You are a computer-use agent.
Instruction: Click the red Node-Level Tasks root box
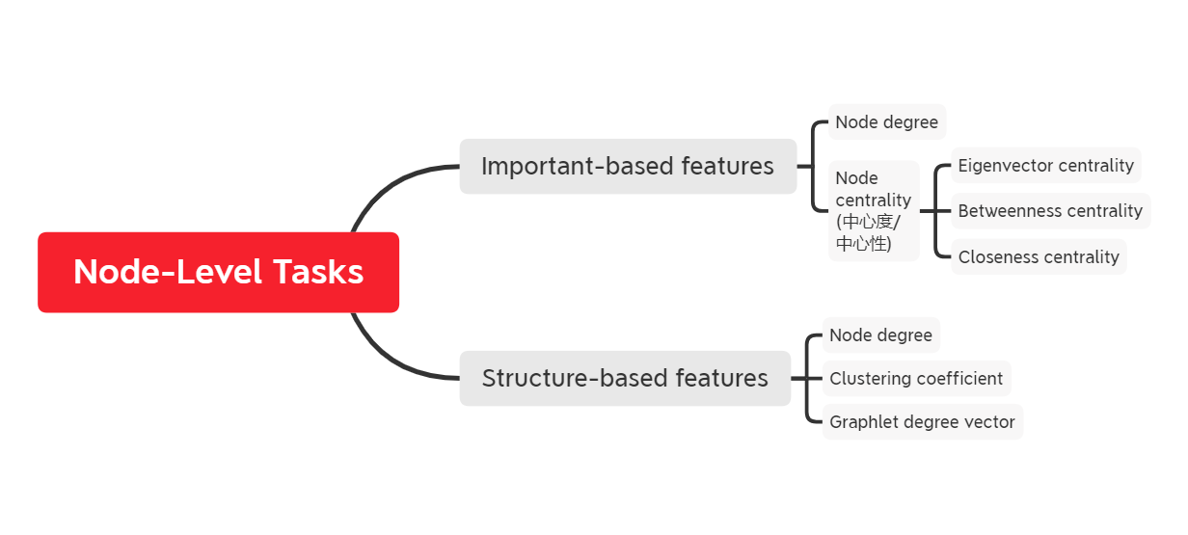[x=218, y=272]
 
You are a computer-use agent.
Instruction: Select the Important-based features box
[x=628, y=166]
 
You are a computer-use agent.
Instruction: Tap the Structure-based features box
[x=625, y=378]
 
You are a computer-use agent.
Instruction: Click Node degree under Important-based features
[x=887, y=122]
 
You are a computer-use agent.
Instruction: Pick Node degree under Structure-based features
[x=881, y=335]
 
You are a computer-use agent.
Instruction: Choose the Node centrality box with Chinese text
[x=874, y=210]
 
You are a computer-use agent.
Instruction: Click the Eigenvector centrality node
[x=1046, y=166]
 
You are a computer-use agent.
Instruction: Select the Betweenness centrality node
[x=1051, y=211]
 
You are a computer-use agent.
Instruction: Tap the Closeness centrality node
[x=1039, y=257]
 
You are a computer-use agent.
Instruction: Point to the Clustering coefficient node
[x=916, y=379]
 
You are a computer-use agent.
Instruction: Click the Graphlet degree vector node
[x=922, y=422]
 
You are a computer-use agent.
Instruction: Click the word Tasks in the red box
[x=318, y=272]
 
